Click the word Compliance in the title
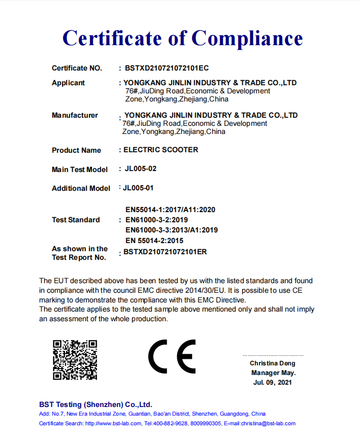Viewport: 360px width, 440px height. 247,39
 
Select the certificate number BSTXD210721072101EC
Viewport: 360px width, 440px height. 167,68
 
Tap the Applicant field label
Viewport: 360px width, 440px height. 68,83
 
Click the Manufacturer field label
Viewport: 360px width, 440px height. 75,115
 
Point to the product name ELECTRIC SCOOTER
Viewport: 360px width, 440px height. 161,150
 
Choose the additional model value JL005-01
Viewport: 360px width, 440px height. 138,188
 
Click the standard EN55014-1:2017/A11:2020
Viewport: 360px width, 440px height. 171,210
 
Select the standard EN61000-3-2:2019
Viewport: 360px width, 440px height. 156,220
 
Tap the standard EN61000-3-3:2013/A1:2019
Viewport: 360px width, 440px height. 172,230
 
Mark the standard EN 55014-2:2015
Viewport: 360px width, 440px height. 154,241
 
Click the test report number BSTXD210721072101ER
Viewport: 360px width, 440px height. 166,252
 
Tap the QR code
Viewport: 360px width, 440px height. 75,360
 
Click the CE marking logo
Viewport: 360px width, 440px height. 172,356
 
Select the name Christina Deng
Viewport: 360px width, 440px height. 272,363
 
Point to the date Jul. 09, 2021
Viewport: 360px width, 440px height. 273,382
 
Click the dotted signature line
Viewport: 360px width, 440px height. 273,355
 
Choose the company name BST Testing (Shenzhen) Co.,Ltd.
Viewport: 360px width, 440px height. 95,404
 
